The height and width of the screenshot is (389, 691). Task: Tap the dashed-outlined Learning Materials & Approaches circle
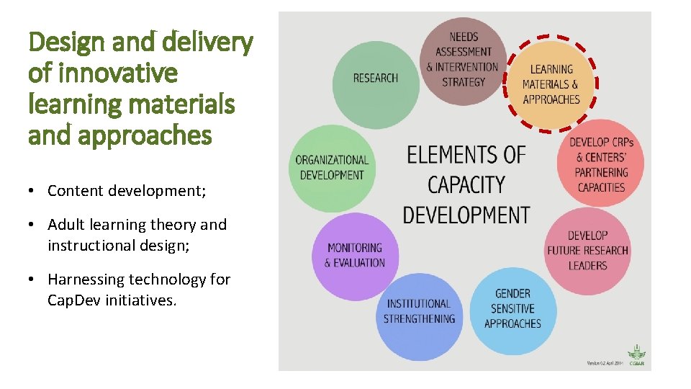(551, 85)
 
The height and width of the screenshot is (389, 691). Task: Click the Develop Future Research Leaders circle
(587, 251)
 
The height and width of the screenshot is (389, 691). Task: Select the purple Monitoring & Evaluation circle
(354, 256)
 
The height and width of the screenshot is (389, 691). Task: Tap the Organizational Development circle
(332, 168)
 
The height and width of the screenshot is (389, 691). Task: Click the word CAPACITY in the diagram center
(466, 184)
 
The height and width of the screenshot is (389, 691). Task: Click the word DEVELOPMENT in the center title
(466, 215)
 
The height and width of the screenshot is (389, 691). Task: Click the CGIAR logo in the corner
(636, 356)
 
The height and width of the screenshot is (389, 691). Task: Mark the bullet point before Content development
(33, 191)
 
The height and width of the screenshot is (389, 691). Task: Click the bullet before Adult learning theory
(33, 225)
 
